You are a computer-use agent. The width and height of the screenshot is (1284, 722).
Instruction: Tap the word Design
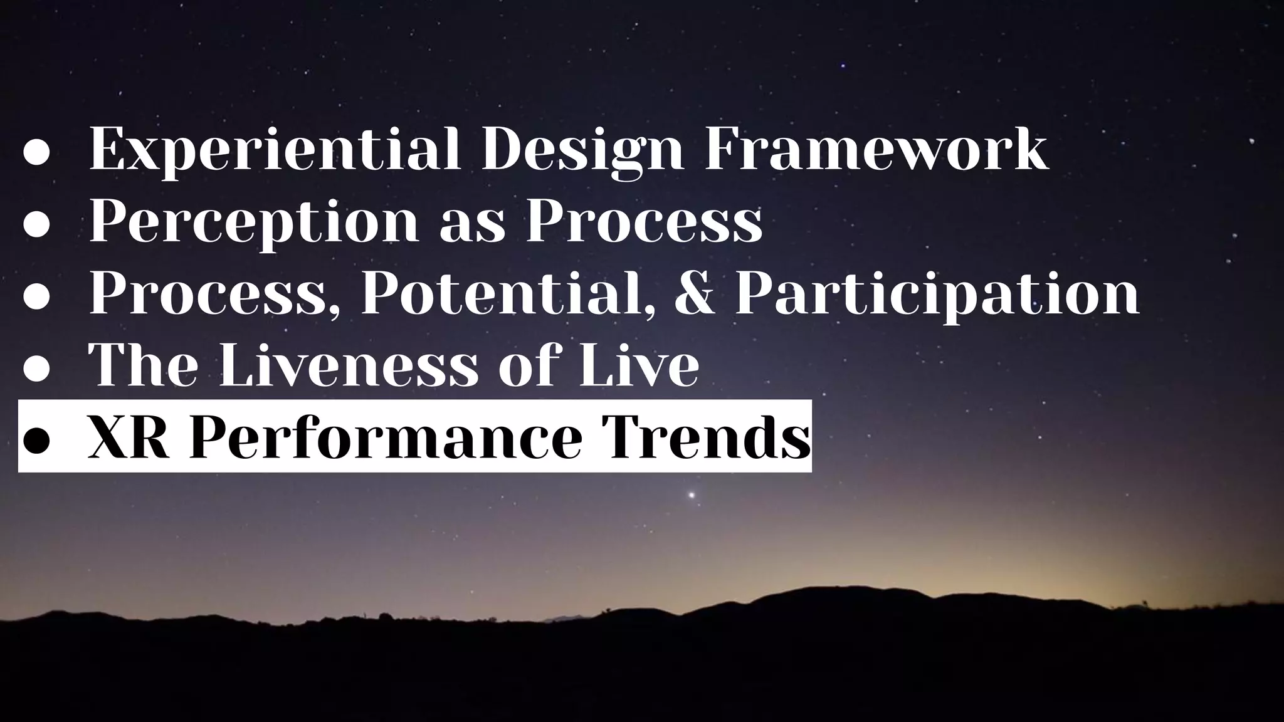coord(582,150)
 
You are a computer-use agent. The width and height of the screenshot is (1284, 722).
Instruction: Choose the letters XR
coord(129,437)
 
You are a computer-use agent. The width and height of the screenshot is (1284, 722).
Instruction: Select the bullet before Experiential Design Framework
coord(36,154)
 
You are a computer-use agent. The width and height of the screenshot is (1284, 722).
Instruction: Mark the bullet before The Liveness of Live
coord(36,369)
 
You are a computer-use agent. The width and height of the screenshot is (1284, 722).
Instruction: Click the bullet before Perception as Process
coord(36,226)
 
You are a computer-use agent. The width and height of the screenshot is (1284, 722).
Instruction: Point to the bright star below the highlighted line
coord(692,495)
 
